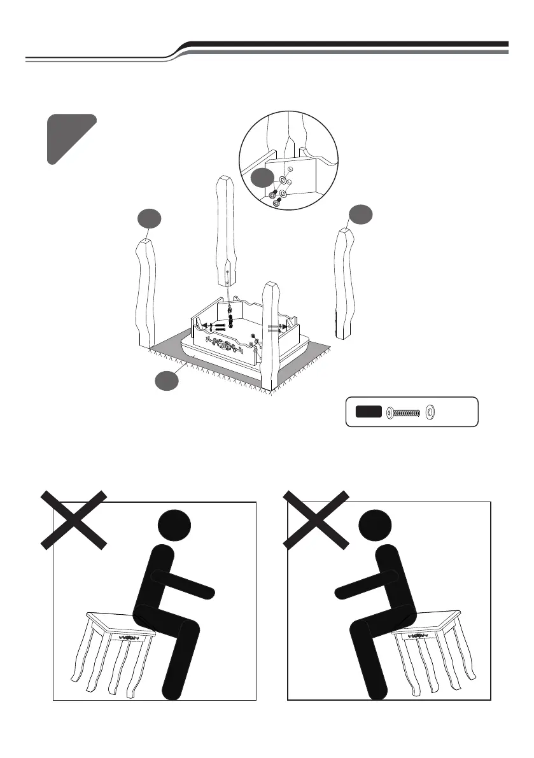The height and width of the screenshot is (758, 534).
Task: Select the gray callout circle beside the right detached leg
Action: pos(360,215)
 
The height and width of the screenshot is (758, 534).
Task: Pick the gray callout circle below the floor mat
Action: pos(167,381)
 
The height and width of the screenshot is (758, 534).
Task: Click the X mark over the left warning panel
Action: pos(74,519)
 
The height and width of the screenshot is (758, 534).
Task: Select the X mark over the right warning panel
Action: pos(316,519)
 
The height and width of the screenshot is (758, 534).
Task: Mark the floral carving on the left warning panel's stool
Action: pos(130,636)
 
